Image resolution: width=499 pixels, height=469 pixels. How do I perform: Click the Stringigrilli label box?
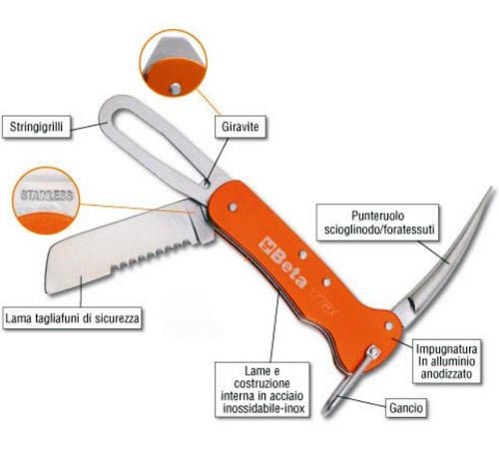tap(36, 127)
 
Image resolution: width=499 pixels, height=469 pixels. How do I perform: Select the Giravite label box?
tap(241, 127)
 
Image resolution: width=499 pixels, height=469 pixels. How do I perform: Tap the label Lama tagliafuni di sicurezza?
tap(72, 318)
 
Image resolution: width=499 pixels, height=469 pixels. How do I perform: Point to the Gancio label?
tap(406, 408)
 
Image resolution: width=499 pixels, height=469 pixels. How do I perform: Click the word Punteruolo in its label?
tap(377, 216)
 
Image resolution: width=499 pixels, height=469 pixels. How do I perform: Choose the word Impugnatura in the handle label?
tap(446, 349)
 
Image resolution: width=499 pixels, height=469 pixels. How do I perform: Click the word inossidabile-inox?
tap(263, 408)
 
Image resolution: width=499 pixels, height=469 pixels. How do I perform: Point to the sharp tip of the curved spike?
tap(491, 189)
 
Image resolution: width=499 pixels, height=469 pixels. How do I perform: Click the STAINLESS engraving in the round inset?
tap(47, 196)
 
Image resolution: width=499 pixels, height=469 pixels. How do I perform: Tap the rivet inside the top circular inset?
tap(175, 88)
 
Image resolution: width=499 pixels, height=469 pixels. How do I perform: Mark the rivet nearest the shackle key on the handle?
tap(233, 207)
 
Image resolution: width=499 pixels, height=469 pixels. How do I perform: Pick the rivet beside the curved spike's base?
tap(388, 326)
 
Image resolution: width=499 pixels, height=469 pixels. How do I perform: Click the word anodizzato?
tap(446, 374)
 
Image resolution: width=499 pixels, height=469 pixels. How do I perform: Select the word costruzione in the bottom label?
tap(262, 383)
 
